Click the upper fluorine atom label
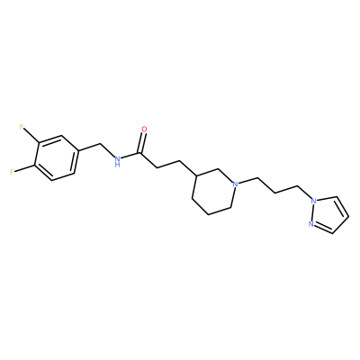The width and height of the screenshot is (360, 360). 22,127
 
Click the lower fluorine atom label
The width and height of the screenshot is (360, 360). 12,172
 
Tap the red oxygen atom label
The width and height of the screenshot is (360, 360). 144,130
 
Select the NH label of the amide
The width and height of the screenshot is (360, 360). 117,161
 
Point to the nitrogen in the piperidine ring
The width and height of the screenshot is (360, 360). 236,184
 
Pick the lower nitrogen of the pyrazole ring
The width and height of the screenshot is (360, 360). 310,223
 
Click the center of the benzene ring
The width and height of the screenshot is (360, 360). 55,157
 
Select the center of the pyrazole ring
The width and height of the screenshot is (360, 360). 328,214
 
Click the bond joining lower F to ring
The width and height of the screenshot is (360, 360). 23,168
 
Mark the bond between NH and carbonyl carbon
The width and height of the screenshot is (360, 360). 130,156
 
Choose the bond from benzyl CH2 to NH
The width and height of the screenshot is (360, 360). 107,151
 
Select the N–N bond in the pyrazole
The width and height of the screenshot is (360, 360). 312,212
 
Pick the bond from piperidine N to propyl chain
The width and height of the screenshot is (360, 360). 248,181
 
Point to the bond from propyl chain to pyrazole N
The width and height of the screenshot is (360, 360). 304,193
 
